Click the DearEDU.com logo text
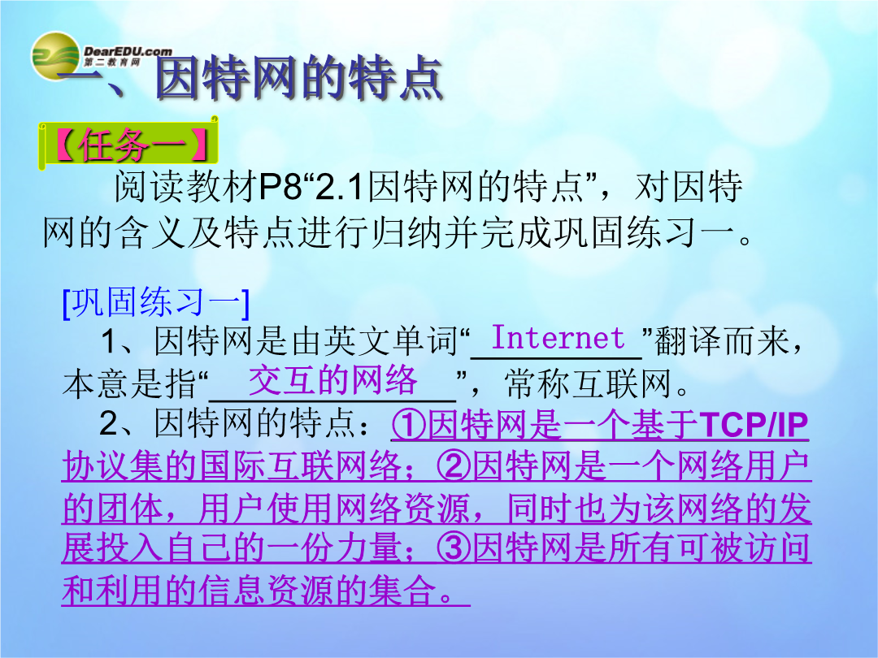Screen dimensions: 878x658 [x=128, y=52]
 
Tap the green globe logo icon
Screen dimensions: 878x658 [x=55, y=56]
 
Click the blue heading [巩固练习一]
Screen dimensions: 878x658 [x=156, y=303]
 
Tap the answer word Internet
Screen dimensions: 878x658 [x=558, y=337]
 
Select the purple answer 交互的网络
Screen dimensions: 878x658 [x=333, y=380]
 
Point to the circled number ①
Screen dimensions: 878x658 [x=409, y=425]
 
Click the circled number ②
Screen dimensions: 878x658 [x=454, y=465]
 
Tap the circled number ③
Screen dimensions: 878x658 [x=454, y=548]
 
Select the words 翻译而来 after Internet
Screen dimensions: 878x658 [x=723, y=341]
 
